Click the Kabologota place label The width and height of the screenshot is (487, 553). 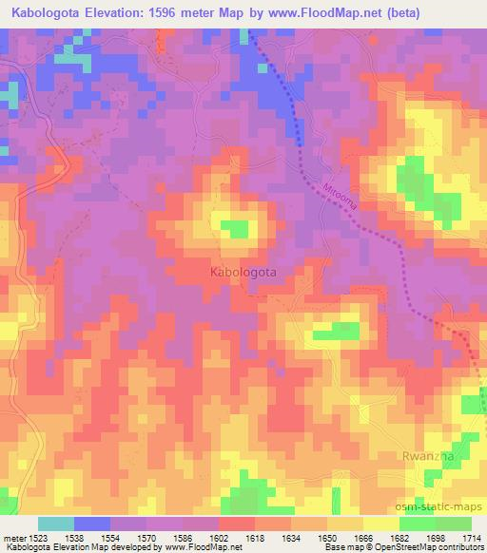pos(243,272)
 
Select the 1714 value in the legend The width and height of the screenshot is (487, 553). pos(471,537)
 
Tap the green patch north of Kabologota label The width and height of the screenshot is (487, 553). pos(234,227)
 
